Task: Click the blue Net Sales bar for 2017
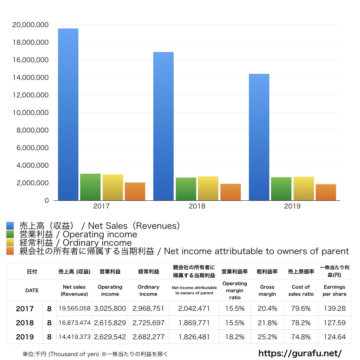[x=68, y=115]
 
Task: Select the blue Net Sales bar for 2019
[x=259, y=137]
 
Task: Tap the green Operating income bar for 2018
[x=186, y=189]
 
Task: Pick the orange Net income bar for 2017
[x=135, y=191]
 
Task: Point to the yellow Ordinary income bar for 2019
[x=304, y=188]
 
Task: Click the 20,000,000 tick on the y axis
[x=30, y=25]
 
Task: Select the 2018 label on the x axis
[x=197, y=206]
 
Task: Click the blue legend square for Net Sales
[x=10, y=226]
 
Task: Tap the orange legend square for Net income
[x=10, y=251]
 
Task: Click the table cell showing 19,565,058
[x=75, y=309]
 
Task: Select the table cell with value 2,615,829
[x=110, y=323]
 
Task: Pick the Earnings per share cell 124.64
[x=334, y=337]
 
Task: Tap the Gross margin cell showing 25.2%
[x=267, y=337]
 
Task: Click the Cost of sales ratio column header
[x=301, y=290]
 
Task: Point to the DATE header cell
[x=32, y=290]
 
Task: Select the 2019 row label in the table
[x=25, y=337]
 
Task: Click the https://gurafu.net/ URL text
[x=300, y=353]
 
